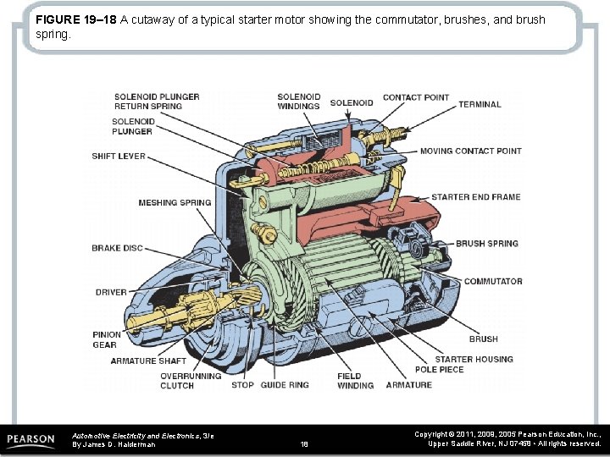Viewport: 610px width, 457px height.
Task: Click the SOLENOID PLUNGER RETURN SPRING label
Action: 157,102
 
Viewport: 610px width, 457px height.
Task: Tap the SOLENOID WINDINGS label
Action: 298,102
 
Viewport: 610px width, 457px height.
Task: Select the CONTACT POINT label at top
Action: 416,97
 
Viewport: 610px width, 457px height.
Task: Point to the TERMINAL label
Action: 480,105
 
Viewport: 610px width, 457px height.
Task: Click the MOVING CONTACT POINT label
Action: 471,151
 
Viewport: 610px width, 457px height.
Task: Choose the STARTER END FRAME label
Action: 476,197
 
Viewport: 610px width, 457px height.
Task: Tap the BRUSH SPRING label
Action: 487,244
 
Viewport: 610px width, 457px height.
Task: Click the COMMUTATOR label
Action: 493,282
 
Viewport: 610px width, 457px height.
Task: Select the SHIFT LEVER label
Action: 119,157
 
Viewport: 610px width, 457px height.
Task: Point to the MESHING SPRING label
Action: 175,203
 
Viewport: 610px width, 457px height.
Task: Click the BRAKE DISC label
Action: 117,249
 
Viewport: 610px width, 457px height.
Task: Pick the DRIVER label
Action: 111,293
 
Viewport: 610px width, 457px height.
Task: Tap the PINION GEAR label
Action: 106,339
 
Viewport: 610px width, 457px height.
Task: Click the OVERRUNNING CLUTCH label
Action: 191,381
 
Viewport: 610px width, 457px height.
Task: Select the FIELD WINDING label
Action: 355,381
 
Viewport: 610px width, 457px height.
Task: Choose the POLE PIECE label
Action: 439,370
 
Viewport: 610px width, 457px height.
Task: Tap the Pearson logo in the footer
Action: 31,440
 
